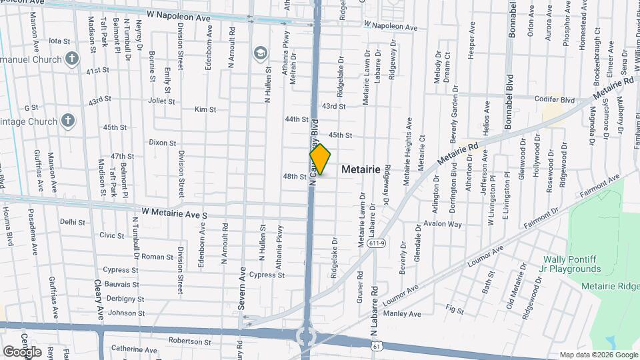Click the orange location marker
[321, 159]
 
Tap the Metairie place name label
[361, 170]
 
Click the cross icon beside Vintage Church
[67, 121]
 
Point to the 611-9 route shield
[377, 243]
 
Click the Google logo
[22, 351]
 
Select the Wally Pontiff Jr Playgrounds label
[571, 264]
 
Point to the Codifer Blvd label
[554, 99]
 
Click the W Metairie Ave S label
[170, 214]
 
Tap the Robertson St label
[189, 341]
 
